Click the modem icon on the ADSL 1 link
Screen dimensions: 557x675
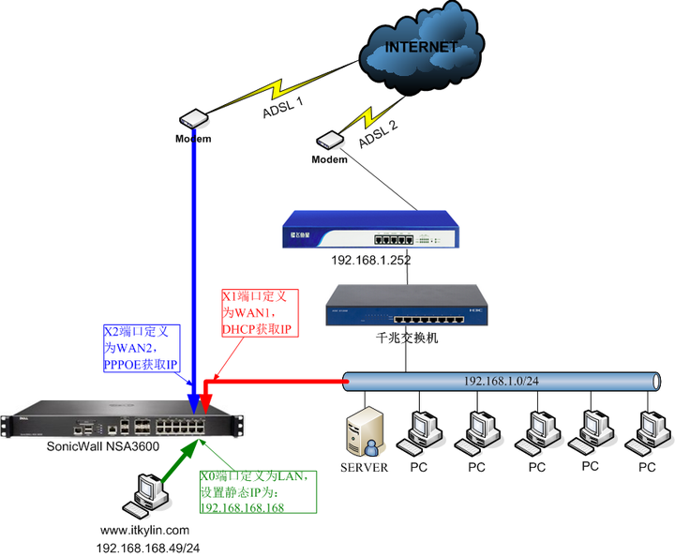point(193,120)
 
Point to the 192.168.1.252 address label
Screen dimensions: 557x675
point(370,262)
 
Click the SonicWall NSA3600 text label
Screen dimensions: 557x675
point(102,447)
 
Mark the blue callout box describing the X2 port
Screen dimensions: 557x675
point(145,348)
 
